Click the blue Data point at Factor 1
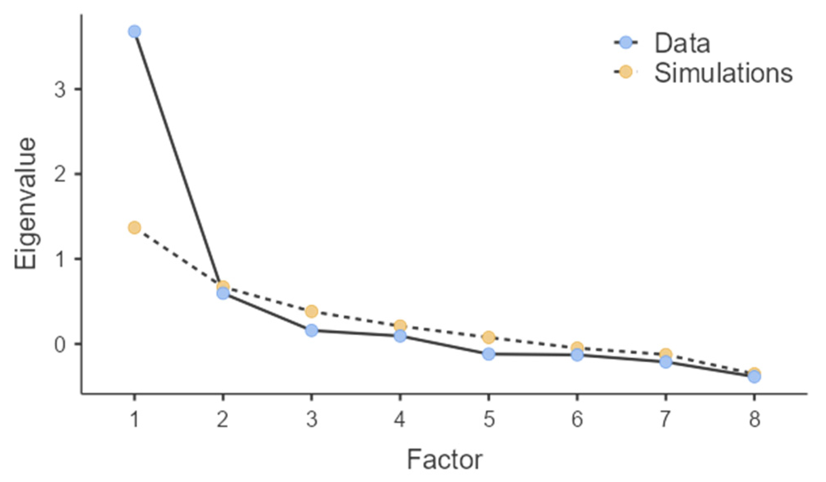pyautogui.click(x=134, y=32)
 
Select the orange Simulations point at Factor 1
pyautogui.click(x=134, y=227)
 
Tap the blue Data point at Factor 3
pyautogui.click(x=311, y=330)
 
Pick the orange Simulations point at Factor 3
pyautogui.click(x=311, y=311)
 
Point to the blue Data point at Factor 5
pyautogui.click(x=488, y=354)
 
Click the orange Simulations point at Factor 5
pyautogui.click(x=488, y=337)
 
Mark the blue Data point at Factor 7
pyautogui.click(x=665, y=362)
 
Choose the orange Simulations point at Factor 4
pyautogui.click(x=400, y=326)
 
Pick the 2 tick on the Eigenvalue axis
pyautogui.click(x=61, y=174)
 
